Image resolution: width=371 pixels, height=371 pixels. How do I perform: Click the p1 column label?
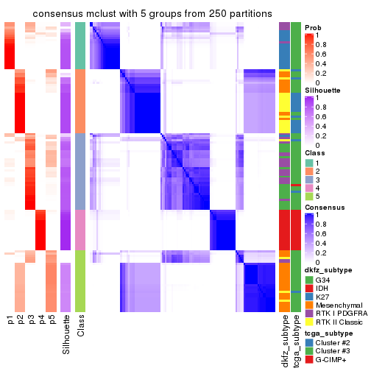[x=10, y=320]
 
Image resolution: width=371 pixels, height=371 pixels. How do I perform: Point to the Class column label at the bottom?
[x=81, y=325]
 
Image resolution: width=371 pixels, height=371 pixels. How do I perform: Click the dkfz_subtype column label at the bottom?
[x=284, y=339]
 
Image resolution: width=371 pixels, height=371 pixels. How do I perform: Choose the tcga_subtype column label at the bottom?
[x=295, y=339]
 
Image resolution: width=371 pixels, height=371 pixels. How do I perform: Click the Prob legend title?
[x=313, y=26]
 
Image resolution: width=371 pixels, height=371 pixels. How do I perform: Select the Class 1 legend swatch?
[x=309, y=162]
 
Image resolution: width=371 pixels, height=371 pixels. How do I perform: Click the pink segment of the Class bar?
[x=81, y=230]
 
